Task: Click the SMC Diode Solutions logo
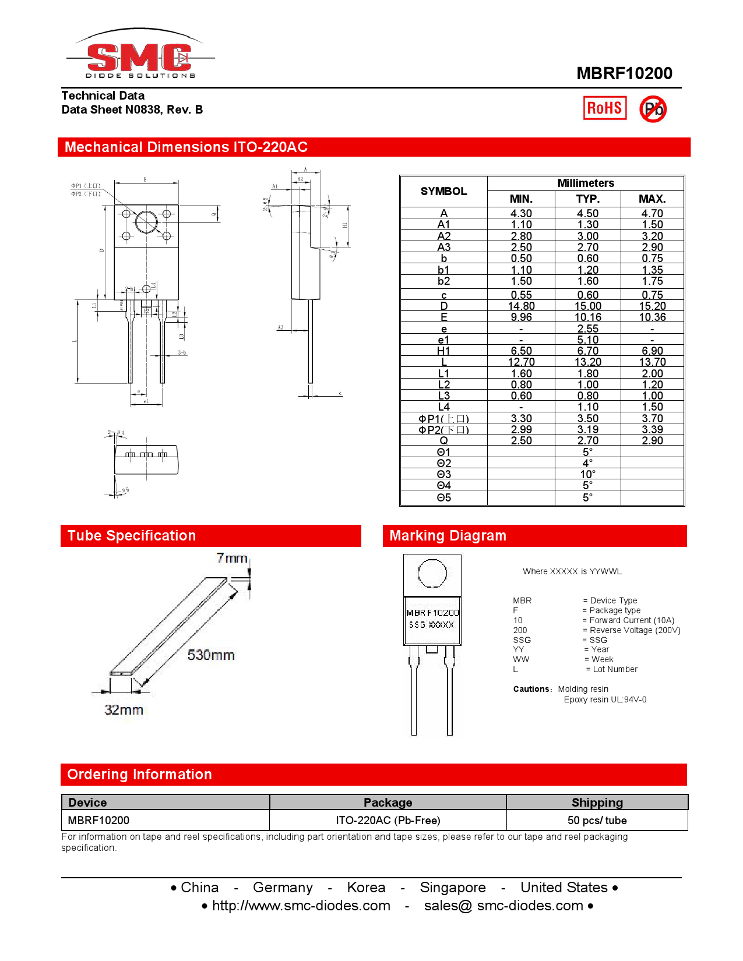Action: (140, 56)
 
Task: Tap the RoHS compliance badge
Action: (604, 108)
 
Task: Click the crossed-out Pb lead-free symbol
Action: (653, 109)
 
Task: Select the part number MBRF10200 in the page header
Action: (624, 73)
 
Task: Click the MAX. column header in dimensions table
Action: (652, 199)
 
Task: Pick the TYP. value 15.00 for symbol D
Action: (587, 306)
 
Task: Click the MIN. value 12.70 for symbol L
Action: (521, 362)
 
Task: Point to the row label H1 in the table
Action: (443, 351)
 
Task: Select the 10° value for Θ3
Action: (587, 475)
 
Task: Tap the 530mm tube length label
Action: (211, 655)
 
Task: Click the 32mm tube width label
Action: (124, 710)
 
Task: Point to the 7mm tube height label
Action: (232, 558)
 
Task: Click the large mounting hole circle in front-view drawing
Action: (146, 222)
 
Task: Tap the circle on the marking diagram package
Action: (432, 574)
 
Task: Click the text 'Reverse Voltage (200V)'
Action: (635, 630)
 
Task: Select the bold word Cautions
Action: (531, 689)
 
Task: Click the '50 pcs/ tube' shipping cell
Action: (597, 821)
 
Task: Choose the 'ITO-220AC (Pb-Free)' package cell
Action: (388, 821)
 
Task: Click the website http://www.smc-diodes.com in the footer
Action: (301, 906)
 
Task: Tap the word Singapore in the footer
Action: (452, 888)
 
